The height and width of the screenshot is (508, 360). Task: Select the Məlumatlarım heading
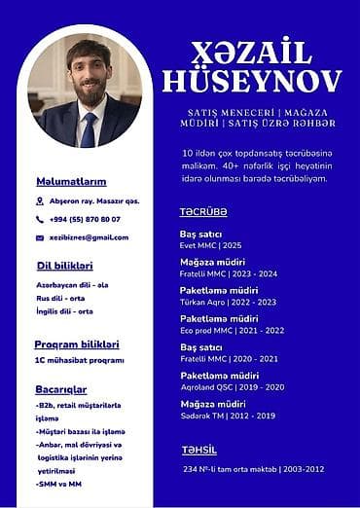click(x=71, y=182)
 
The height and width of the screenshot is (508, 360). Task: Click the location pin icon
click(x=40, y=201)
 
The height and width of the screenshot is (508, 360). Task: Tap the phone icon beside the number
click(x=40, y=219)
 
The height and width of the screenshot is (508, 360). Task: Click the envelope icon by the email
click(x=40, y=237)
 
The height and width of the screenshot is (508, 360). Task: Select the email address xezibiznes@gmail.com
click(x=89, y=237)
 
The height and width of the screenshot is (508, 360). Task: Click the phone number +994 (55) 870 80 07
click(x=85, y=219)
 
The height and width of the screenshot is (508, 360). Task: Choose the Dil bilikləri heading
click(x=64, y=266)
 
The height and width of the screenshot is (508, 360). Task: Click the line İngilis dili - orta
click(x=64, y=310)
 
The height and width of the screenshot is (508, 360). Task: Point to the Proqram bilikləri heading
click(x=77, y=344)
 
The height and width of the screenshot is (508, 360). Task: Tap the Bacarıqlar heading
click(x=61, y=389)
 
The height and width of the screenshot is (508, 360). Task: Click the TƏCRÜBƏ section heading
click(x=203, y=211)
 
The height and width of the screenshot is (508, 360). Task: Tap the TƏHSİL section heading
click(x=198, y=450)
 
